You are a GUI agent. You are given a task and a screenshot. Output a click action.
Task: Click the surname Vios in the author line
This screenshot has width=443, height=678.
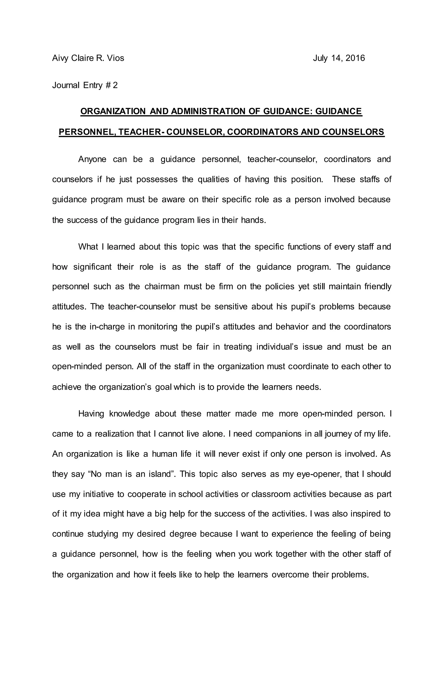click(115, 58)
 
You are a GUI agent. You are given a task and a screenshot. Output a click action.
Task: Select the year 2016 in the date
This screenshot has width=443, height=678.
click(356, 58)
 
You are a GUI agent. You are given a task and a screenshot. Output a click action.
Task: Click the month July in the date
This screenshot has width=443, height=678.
click(320, 58)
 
